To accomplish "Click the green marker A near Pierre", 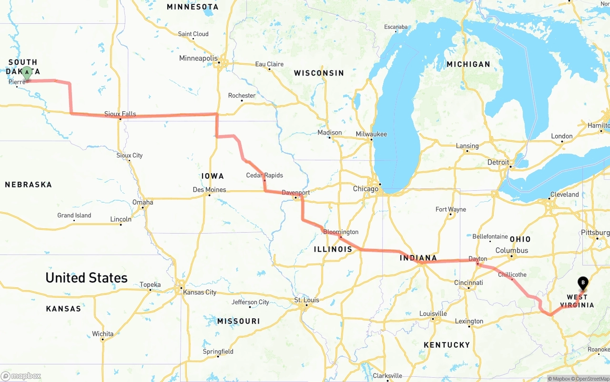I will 27,73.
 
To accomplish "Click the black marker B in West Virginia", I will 583,283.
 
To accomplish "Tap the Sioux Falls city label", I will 120,114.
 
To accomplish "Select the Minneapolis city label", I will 198,58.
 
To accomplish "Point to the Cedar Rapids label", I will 264,175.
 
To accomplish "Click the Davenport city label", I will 295,193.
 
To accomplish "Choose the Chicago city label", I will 366,189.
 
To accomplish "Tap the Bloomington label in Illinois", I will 341,232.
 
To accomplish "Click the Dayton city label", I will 478,259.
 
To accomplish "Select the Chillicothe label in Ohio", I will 512,274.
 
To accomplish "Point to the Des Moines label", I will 209,189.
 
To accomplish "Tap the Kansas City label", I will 200,292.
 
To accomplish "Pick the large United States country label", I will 86,277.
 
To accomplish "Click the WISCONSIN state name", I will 319,73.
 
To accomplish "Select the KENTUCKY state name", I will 447,344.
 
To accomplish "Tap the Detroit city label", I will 498,162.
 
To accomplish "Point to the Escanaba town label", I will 396,27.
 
